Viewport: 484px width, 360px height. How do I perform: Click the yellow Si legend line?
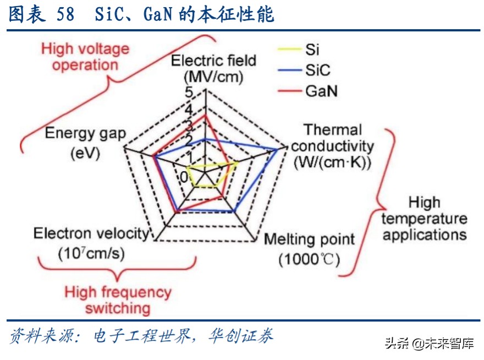pos(284,50)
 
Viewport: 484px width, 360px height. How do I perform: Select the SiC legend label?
pos(318,70)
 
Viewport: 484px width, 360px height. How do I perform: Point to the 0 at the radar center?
pos(183,176)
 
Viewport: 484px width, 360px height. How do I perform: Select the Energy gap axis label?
pos(85,133)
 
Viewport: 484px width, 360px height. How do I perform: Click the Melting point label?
pos(309,239)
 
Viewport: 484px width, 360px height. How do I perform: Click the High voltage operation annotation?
pos(85,57)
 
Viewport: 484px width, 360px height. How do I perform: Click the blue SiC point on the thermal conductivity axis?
pos(277,149)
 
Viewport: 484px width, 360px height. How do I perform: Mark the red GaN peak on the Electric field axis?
pos(205,116)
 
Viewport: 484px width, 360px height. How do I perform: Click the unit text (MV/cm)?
pos(213,77)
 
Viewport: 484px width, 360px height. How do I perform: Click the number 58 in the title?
pos(65,14)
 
